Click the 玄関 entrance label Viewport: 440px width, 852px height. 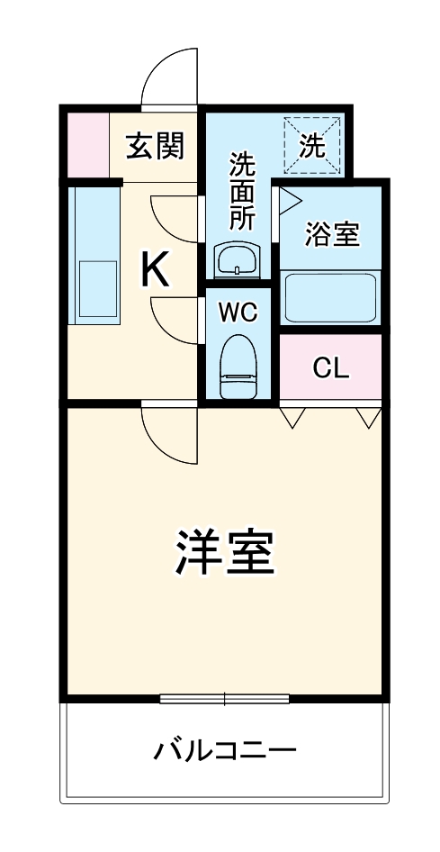[155, 146]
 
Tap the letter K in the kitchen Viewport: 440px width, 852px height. [155, 268]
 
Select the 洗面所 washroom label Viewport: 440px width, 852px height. [241, 192]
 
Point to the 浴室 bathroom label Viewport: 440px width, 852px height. [332, 234]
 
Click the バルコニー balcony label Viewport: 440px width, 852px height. [224, 749]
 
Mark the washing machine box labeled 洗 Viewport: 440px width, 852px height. [313, 146]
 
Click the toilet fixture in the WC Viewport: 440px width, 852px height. [238, 364]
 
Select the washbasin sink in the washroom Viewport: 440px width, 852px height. [237, 261]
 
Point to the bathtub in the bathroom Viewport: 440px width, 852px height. [330, 297]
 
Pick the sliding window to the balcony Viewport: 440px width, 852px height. [224, 698]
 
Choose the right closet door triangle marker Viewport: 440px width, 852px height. [368, 416]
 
